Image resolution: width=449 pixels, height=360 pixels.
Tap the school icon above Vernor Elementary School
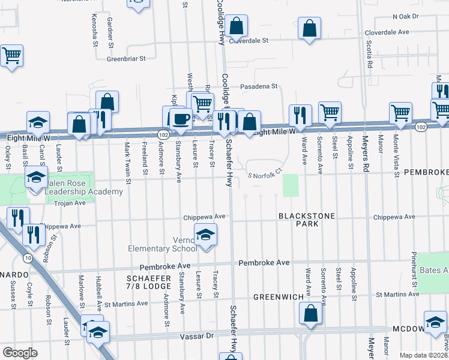click(205, 236)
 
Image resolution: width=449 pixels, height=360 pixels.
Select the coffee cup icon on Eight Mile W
click(181, 118)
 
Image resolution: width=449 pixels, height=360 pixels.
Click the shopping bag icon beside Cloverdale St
click(237, 27)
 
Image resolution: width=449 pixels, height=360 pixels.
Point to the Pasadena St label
click(259, 86)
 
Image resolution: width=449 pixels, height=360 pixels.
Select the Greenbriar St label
click(127, 59)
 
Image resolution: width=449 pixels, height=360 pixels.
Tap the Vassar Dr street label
click(196, 338)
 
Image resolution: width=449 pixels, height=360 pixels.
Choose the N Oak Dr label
click(401, 17)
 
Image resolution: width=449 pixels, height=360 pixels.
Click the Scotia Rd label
click(370, 55)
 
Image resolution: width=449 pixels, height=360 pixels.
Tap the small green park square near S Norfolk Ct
click(291, 185)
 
